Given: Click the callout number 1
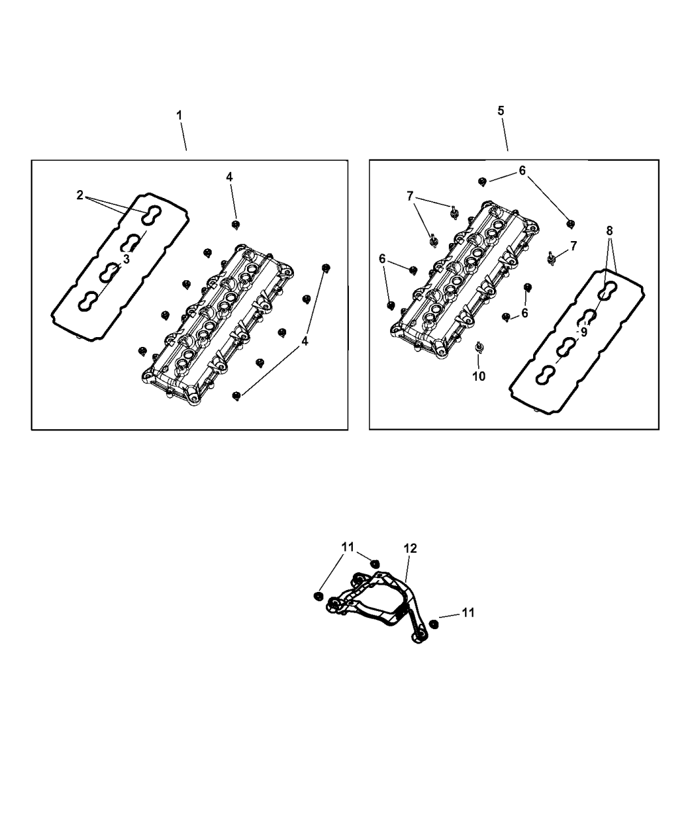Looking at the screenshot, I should (x=179, y=115).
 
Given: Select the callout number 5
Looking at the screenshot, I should (x=501, y=111).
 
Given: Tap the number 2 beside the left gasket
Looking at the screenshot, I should (x=80, y=195).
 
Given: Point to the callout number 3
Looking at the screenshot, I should (x=126, y=259).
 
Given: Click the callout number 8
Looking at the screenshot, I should (x=609, y=231).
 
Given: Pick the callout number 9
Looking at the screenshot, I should (x=583, y=331).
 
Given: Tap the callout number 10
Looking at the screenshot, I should (x=479, y=376).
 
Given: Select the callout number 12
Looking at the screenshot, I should (x=410, y=549).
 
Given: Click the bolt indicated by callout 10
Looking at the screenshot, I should (x=480, y=346).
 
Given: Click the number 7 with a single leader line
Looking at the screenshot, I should (x=573, y=246).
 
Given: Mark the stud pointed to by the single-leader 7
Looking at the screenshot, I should (x=551, y=257).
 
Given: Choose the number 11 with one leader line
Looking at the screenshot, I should (x=468, y=612).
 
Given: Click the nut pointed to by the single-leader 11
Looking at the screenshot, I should (x=434, y=624).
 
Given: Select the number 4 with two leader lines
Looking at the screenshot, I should (x=304, y=340).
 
